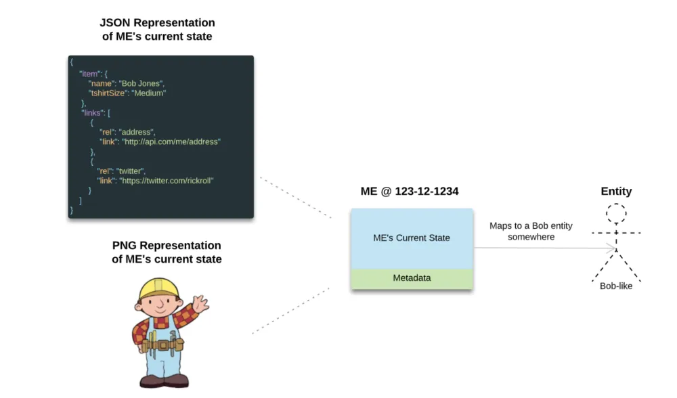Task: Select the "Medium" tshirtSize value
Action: [x=148, y=93]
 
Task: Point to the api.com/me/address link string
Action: [x=171, y=141]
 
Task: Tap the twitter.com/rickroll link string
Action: [x=169, y=181]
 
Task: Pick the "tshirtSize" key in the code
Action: [x=107, y=93]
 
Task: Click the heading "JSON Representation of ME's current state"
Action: [x=157, y=30]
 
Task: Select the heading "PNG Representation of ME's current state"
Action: [x=166, y=252]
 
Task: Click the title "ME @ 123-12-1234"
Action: [x=409, y=192]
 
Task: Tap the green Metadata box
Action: [x=412, y=278]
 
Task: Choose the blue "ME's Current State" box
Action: [x=412, y=238]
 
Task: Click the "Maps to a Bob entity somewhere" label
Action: [x=531, y=231]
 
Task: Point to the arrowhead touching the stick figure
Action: [x=613, y=248]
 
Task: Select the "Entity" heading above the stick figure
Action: [x=616, y=192]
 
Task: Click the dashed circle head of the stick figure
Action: [x=616, y=214]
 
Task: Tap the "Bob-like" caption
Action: [x=616, y=286]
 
